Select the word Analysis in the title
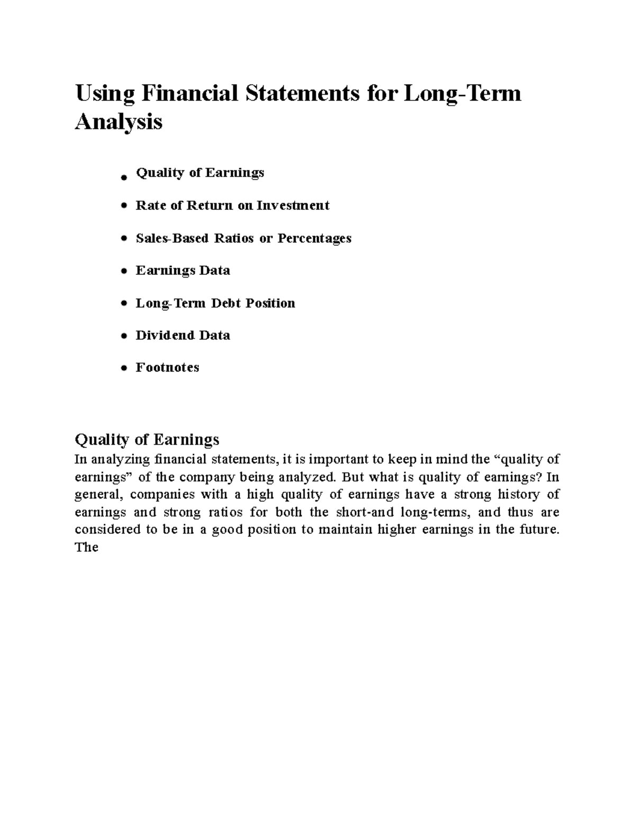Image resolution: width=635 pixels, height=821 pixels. click(119, 122)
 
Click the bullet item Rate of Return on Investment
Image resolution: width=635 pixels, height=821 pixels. click(232, 206)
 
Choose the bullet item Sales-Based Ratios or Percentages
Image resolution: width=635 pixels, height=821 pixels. click(243, 238)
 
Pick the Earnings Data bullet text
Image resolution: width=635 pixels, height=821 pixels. click(183, 271)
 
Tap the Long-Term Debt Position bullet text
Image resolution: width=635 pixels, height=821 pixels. click(215, 303)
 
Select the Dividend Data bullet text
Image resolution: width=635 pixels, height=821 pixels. click(183, 336)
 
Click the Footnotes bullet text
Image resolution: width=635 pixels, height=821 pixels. click(167, 368)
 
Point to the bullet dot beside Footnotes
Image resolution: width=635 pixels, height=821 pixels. click(124, 368)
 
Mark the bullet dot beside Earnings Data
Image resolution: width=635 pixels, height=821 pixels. click(124, 272)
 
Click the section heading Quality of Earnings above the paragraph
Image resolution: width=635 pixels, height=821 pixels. click(147, 439)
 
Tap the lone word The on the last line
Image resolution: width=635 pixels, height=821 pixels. click(87, 547)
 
